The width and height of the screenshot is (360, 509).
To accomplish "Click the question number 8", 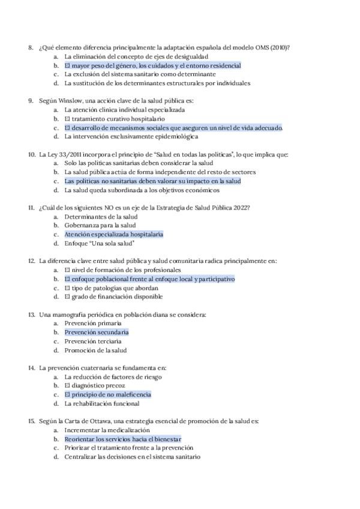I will coord(30,47).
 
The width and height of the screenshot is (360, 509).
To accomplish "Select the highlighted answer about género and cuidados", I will coord(152,65).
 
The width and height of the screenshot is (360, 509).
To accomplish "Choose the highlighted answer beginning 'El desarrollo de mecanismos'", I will coord(173,128).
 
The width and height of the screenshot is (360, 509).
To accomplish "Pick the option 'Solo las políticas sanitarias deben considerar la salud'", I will coord(138,163).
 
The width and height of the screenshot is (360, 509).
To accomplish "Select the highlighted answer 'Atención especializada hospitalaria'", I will coord(113,235).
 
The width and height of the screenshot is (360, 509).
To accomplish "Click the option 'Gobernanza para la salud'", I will coord(100,226).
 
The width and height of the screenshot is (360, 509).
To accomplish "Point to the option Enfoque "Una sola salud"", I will coord(99,244).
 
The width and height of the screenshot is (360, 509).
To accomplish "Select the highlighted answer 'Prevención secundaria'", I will coord(96,332).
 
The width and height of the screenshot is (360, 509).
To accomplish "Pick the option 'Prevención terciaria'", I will coord(94,341).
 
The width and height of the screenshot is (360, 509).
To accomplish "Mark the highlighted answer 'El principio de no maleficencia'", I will coord(107,394).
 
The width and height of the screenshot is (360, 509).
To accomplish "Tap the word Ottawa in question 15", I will coord(100,421).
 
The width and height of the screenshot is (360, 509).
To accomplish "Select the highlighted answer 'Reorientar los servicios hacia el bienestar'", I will coord(122,439).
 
